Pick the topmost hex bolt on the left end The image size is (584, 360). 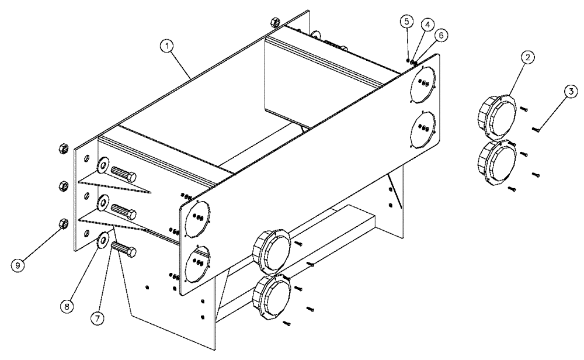(123, 175)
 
